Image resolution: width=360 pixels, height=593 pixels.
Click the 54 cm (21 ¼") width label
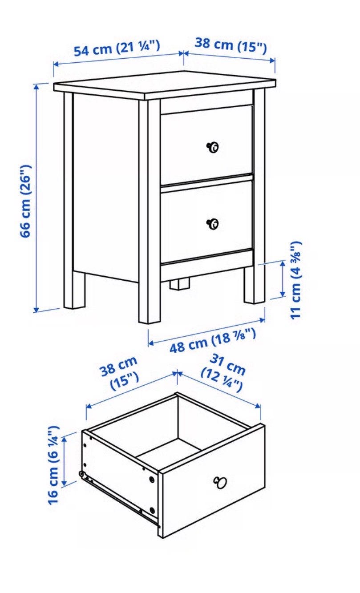coord(117,48)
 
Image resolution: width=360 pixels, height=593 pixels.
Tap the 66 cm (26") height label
coord(26,201)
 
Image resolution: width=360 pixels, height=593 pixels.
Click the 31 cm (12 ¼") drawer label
coord(223,373)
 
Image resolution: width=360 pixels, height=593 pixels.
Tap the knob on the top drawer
coord(213,147)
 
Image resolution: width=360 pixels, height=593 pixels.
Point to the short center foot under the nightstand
coord(180,284)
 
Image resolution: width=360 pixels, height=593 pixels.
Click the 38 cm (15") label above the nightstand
coord(231,45)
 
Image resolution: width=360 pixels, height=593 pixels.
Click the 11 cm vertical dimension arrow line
coord(283,278)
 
